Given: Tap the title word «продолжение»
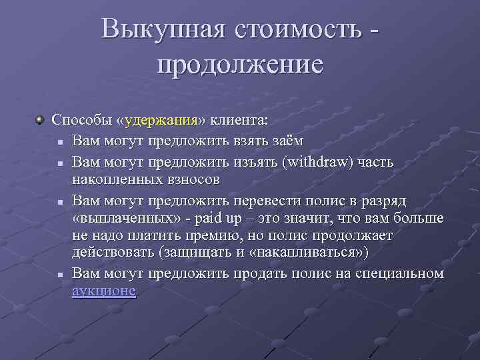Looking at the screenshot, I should pyautogui.click(x=240, y=65).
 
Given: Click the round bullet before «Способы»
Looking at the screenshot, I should pyautogui.click(x=41, y=121).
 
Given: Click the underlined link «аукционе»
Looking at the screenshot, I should pyautogui.click(x=104, y=291).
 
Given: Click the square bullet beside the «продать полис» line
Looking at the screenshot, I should pyautogui.click(x=60, y=274).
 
